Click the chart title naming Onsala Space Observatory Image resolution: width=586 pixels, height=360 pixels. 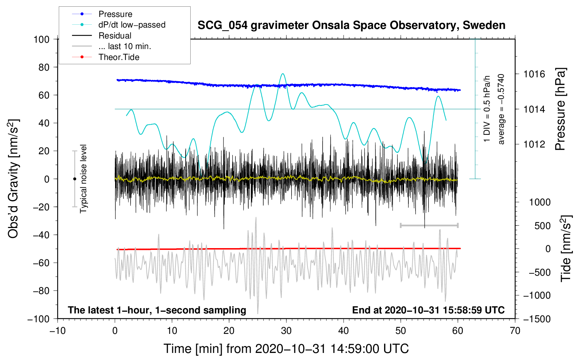[351, 25]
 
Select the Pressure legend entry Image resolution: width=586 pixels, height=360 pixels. [115, 14]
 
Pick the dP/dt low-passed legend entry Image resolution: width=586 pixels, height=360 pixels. [132, 25]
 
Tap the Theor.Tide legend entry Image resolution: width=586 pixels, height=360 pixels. [119, 57]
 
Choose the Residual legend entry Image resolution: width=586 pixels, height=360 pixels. [115, 36]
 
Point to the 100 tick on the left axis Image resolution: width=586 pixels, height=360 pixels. [41, 39]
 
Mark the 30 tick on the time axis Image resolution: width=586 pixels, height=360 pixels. [286, 331]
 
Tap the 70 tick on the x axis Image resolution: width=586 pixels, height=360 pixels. [515, 331]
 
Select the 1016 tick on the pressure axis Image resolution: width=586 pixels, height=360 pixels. [534, 74]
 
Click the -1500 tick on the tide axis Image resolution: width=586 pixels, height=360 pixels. [537, 319]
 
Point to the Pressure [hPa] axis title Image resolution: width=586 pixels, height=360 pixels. [560, 109]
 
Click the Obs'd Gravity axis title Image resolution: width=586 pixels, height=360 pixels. [13, 179]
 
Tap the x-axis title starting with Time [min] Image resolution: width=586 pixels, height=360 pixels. [286, 349]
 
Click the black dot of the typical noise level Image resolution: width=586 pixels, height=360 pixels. [74, 179]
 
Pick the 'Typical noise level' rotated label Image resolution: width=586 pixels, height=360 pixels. [83, 179]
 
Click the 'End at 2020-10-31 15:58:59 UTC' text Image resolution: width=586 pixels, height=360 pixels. [428, 310]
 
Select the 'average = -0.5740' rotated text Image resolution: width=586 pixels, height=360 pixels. [501, 109]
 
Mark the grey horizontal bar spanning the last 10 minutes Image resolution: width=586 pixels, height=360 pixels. [429, 225]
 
